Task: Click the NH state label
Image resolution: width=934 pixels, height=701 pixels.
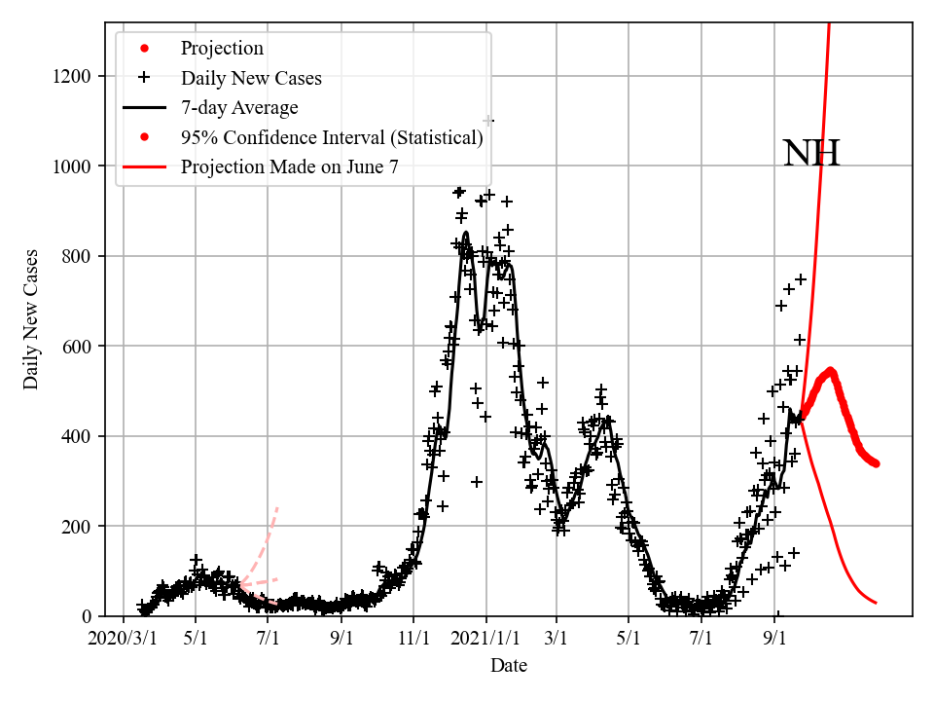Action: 810,154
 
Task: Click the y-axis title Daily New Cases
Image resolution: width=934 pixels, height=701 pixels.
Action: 32,319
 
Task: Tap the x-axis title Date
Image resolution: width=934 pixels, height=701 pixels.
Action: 509,666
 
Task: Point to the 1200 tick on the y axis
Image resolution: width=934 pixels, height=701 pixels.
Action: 76,76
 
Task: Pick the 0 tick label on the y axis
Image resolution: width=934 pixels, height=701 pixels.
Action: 92,616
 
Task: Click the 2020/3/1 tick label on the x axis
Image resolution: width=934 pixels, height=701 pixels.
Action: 123,640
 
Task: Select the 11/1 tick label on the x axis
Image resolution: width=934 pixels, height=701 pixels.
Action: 413,640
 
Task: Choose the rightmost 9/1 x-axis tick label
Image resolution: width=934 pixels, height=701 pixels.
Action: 775,640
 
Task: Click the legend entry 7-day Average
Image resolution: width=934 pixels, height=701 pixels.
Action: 239,108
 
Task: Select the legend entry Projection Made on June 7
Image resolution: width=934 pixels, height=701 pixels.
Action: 289,167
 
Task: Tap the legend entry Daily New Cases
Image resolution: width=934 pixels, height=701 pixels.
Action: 251,78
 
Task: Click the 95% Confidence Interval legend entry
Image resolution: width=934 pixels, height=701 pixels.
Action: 331,137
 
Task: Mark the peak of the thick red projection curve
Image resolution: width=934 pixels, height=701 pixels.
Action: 831,370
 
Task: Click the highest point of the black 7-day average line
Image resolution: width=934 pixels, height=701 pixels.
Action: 465,233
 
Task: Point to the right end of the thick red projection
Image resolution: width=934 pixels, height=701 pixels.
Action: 877,463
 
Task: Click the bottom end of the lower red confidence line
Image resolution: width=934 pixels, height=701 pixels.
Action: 877,604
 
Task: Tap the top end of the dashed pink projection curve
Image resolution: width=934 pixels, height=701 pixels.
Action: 278,506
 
